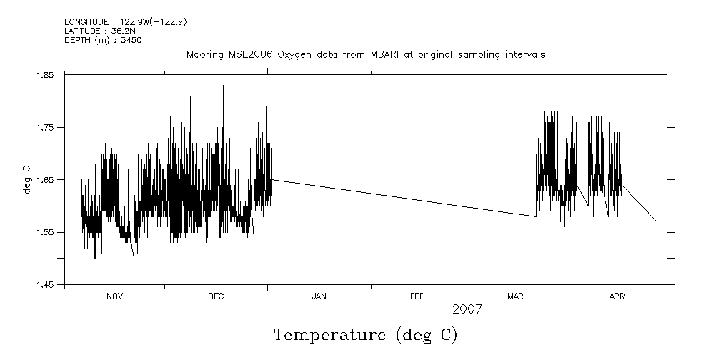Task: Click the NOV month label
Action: (x=114, y=296)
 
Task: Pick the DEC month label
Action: (x=217, y=296)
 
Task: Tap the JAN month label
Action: (x=319, y=296)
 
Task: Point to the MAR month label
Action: (x=515, y=296)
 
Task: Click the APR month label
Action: (x=617, y=296)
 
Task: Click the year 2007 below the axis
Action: (x=467, y=309)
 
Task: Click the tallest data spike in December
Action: (x=223, y=86)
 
